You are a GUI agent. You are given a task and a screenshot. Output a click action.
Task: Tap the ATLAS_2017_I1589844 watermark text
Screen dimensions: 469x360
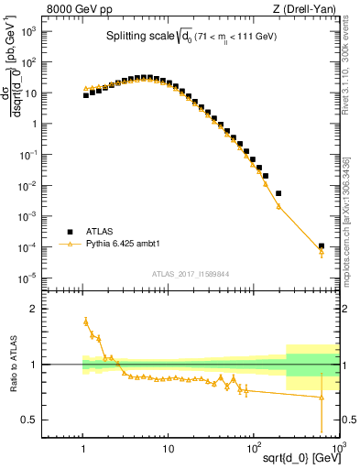click(191, 273)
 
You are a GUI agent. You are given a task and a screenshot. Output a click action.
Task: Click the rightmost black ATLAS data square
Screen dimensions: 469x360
click(322, 245)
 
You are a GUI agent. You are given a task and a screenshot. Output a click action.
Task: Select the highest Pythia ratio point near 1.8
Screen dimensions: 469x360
click(86, 322)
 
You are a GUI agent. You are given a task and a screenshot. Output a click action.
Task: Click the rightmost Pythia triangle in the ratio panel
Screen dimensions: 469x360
click(322, 398)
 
